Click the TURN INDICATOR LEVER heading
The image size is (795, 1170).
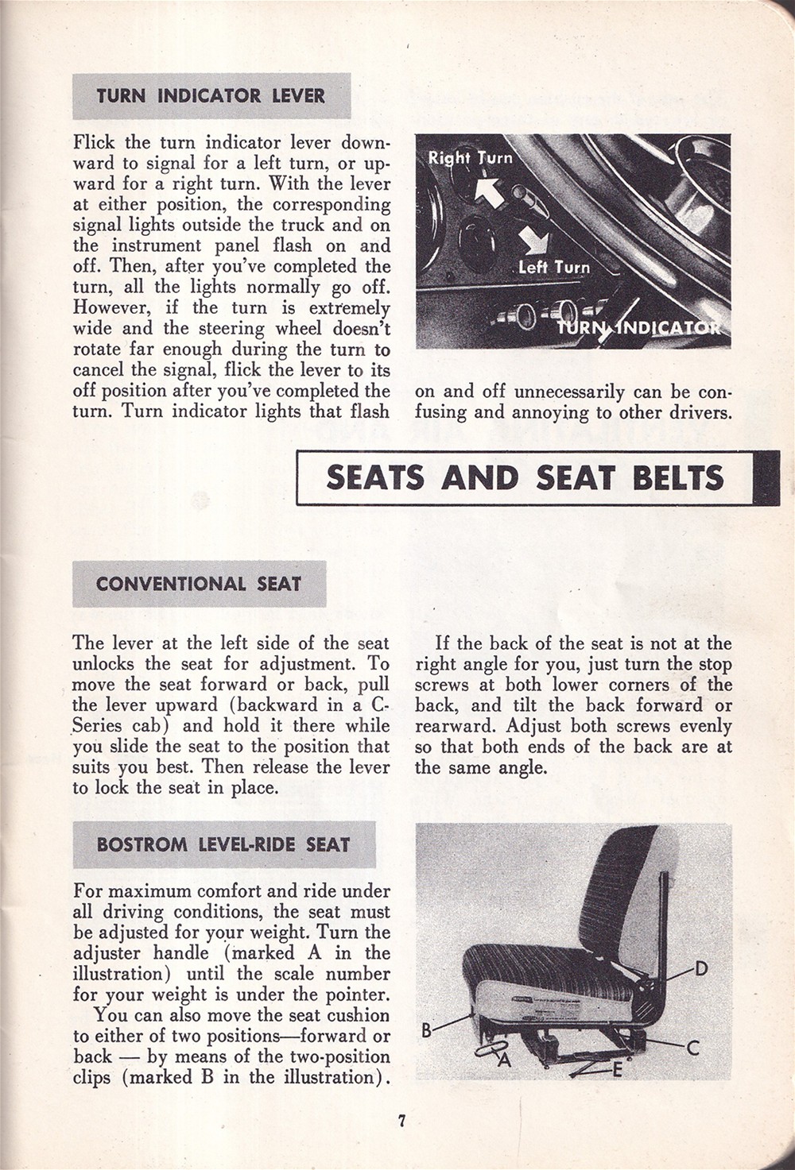coord(211,96)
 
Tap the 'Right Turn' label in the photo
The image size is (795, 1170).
coord(471,157)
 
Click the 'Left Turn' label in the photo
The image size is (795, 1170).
coord(554,267)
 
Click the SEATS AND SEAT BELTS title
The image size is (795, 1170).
coord(525,477)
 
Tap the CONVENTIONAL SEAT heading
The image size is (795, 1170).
coord(199,584)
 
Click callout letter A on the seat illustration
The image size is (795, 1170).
coord(503,1060)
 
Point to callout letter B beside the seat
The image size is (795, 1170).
coord(426,1030)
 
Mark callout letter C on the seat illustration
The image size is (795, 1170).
coord(692,1048)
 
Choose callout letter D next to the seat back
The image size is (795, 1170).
coord(701,968)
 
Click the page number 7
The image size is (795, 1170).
coord(401,1122)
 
